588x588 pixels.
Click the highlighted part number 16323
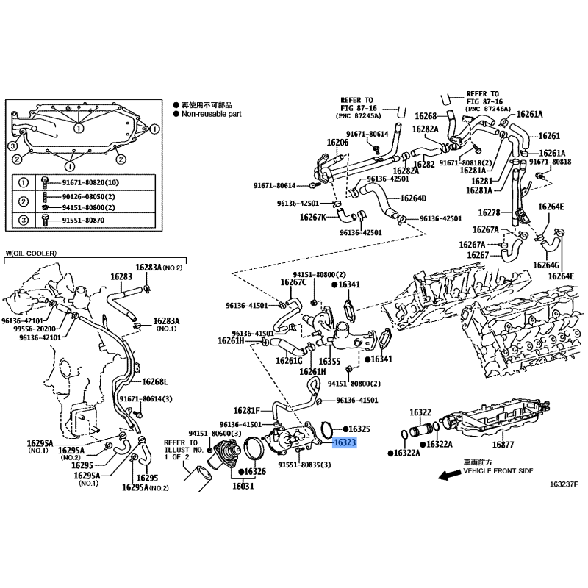coord(345,442)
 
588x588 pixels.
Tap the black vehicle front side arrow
coord(450,475)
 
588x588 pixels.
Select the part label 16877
coord(503,445)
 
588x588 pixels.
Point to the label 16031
coord(243,486)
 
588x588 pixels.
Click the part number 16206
coord(337,143)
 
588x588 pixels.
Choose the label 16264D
coord(413,198)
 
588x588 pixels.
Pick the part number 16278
coord(489,212)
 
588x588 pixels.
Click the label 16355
coord(329,361)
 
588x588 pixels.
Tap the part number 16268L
coord(155,381)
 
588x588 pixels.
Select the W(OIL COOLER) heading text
coord(31,253)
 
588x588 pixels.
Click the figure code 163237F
coord(564,484)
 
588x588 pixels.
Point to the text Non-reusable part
coord(212,114)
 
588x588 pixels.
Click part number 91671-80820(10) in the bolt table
coord(90,182)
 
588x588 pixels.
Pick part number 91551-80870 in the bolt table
coord(83,220)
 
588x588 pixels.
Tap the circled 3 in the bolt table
coord(24,220)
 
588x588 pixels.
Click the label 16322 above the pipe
coord(420,412)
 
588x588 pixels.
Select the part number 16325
coord(359,429)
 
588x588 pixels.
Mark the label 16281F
coord(246,411)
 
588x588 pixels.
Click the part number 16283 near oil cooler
coord(121,277)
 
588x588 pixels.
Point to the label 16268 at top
coord(426,116)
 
